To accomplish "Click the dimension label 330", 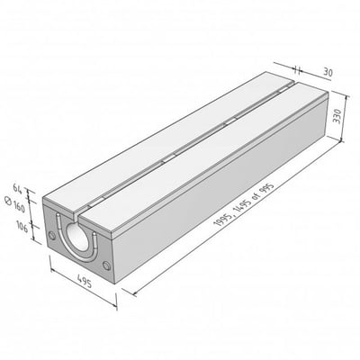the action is coord(337,116).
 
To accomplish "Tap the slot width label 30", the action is coord(328,72).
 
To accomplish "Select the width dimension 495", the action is coord(85,281).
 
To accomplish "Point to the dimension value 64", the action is coord(19,188).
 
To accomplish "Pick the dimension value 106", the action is coord(22,228).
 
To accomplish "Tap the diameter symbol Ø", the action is coord(9,202).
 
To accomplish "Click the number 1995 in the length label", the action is coord(222,218).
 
